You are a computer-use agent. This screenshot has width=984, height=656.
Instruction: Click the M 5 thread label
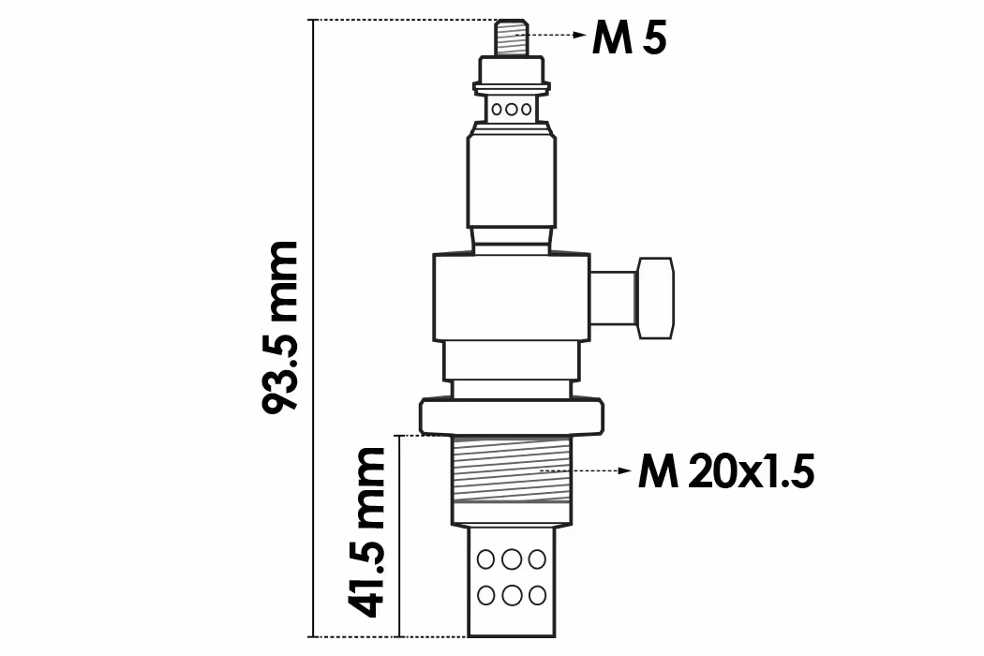point(629,38)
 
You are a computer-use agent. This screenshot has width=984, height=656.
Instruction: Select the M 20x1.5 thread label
point(726,471)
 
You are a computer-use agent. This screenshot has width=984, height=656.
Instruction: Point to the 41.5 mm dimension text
point(365,531)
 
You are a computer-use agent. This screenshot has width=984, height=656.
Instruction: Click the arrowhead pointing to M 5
point(580,35)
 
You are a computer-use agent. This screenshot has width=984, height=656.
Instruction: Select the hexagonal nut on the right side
point(656,298)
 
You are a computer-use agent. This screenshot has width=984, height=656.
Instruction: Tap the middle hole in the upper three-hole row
point(512,110)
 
